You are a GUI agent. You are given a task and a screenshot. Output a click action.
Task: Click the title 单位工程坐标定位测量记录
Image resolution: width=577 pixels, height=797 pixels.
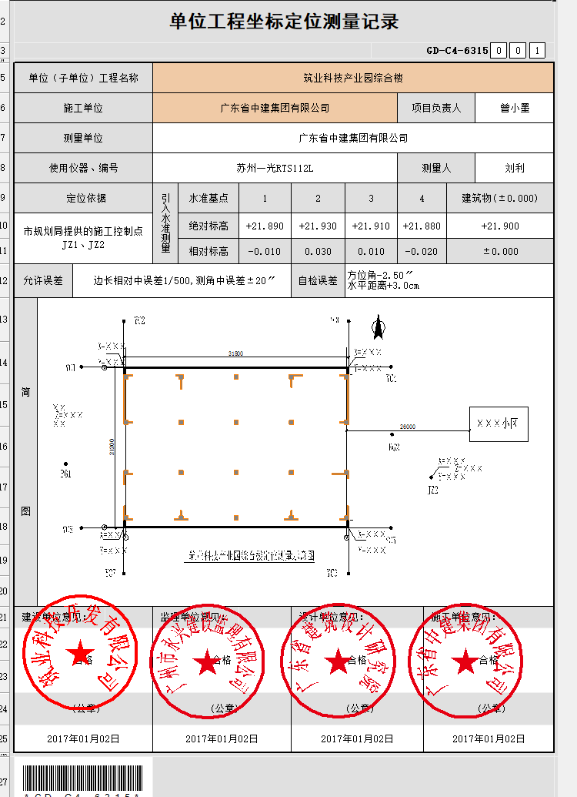click(284, 22)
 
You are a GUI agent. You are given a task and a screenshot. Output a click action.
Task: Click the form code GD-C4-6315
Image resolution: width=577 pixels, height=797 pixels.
click(457, 51)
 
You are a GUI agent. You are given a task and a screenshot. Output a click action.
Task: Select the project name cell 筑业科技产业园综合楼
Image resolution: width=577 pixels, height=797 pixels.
click(353, 78)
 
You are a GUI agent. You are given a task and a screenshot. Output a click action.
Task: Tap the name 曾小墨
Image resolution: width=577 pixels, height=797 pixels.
click(514, 108)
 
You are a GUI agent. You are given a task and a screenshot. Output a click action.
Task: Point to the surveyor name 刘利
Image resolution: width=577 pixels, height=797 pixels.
click(514, 168)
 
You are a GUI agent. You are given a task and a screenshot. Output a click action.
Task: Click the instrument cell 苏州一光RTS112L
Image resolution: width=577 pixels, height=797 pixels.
click(275, 168)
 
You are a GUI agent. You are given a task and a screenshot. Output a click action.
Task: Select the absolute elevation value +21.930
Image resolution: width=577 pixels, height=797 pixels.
click(318, 226)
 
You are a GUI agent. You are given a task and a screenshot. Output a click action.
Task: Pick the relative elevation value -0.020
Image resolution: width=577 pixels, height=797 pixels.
click(422, 251)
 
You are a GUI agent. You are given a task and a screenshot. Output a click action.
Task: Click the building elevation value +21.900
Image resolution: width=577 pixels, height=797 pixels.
click(499, 226)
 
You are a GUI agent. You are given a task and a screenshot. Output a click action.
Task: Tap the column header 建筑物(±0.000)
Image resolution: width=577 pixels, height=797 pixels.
click(499, 198)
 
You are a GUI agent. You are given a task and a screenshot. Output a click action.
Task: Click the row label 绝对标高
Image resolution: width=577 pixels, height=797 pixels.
click(208, 226)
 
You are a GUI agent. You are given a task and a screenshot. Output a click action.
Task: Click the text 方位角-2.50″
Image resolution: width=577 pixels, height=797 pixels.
click(381, 275)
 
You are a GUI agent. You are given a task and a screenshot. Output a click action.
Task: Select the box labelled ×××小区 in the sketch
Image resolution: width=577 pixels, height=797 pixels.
click(499, 424)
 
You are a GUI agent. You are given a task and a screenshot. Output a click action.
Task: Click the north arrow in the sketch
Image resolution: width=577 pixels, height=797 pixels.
click(379, 328)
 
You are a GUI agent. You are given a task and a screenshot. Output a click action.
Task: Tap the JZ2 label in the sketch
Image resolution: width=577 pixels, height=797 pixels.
click(432, 489)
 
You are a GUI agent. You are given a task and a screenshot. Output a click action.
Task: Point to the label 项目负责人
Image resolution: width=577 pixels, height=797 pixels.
click(436, 108)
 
